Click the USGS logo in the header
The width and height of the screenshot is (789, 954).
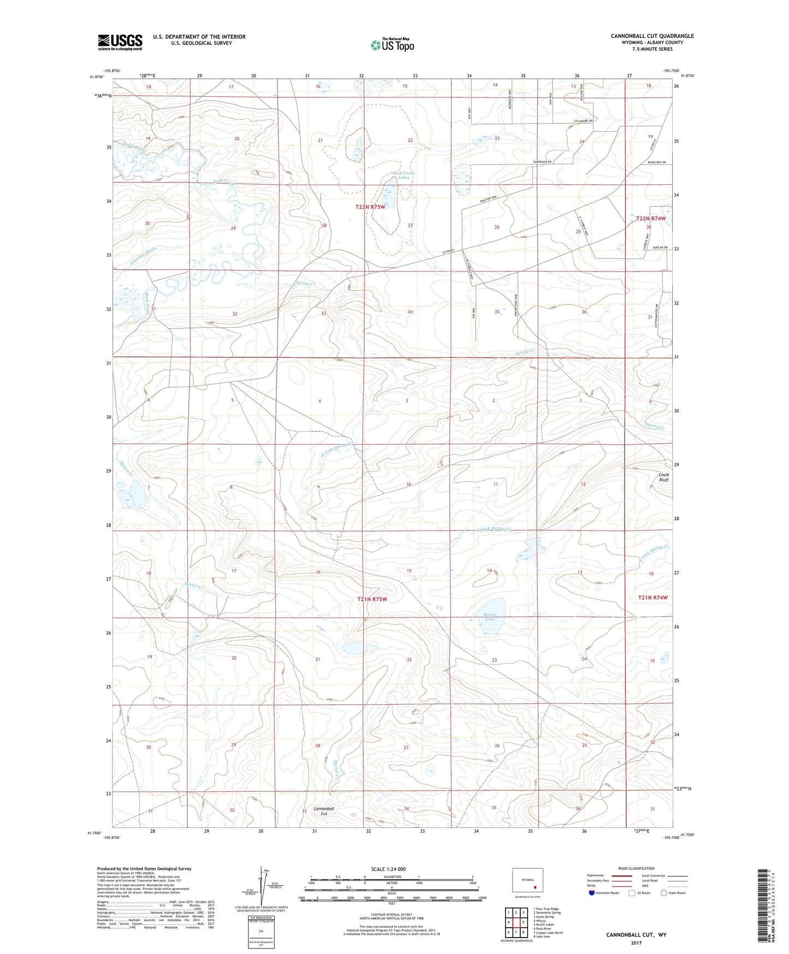(x=120, y=42)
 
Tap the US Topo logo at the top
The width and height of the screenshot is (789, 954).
(x=392, y=45)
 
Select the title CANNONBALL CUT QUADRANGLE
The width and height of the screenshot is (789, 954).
(x=652, y=36)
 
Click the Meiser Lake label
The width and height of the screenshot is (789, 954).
(x=490, y=617)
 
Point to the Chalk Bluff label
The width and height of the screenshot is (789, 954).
(x=663, y=477)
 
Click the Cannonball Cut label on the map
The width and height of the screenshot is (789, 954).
(x=324, y=811)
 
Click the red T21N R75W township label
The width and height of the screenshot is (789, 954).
(x=372, y=599)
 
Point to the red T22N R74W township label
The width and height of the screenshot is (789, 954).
(x=651, y=218)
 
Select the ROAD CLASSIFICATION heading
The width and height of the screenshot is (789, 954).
(x=636, y=868)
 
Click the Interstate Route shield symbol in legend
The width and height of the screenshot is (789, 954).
(x=592, y=893)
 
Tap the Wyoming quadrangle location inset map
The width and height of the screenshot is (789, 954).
(x=527, y=882)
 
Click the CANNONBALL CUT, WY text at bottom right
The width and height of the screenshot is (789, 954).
(x=636, y=935)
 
